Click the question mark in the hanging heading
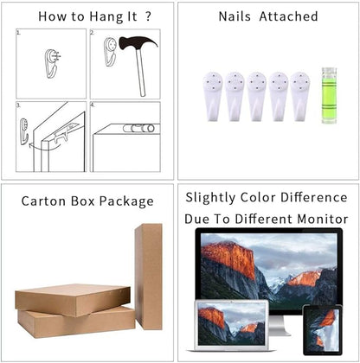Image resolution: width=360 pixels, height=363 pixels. (148, 16)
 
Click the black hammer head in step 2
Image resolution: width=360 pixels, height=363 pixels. (138, 42)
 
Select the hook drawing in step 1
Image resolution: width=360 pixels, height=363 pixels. (51, 63)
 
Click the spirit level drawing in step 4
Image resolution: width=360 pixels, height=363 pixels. (138, 128)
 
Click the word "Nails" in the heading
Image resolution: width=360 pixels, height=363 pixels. (235, 16)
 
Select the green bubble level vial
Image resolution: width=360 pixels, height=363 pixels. (329, 96)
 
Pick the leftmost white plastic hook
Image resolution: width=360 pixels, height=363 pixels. (213, 96)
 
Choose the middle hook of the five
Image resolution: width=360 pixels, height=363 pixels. (256, 96)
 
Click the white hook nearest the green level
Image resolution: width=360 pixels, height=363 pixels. (300, 96)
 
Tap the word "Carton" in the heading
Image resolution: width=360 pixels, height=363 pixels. (43, 201)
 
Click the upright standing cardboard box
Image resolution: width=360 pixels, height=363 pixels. (149, 277)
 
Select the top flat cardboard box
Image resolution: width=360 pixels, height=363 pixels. (73, 300)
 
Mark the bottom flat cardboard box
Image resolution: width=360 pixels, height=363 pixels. (76, 322)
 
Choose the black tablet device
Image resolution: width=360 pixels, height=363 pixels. (322, 330)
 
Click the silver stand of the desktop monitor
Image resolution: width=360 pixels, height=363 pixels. (280, 326)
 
